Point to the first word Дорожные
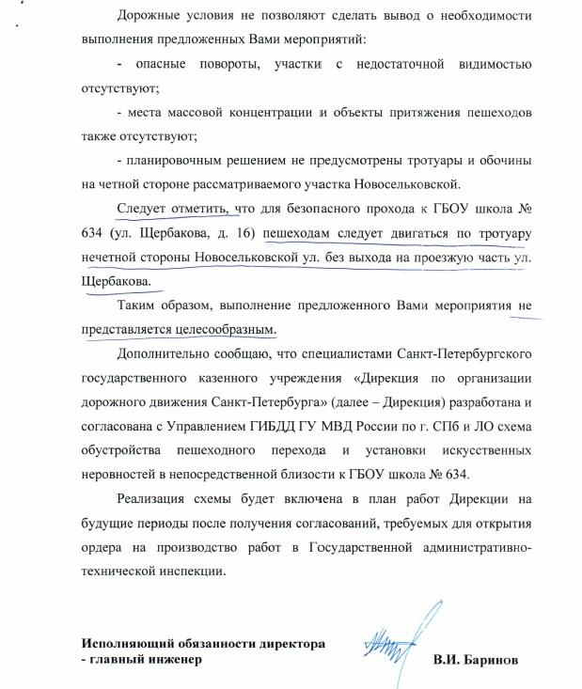pos(150,17)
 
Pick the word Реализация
pos(154,499)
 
